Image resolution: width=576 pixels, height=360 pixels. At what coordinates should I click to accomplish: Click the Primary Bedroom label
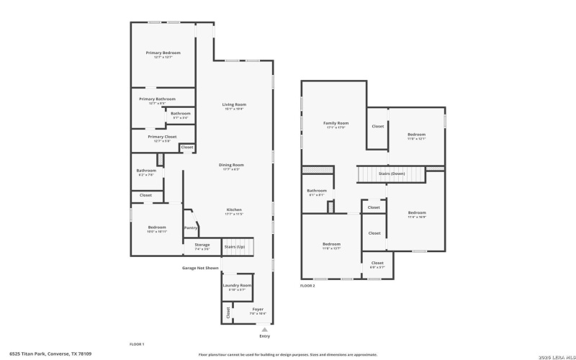163,53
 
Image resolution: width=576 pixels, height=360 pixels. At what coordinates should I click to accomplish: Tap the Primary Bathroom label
157,99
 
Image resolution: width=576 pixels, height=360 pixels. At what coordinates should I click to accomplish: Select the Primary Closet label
162,137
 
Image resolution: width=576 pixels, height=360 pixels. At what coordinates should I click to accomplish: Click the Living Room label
234,105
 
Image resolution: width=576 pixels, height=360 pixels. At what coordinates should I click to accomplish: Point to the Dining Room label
231,166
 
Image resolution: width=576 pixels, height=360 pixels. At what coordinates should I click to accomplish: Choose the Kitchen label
234,210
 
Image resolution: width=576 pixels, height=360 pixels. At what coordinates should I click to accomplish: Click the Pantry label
191,228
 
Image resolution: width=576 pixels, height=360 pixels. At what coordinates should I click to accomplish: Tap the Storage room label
202,246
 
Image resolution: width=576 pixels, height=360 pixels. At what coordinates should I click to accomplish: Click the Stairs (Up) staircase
235,246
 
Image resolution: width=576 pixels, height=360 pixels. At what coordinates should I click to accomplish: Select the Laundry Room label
237,286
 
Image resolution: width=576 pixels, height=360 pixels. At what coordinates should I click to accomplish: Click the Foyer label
257,310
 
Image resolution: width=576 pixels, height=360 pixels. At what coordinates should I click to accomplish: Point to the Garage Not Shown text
200,268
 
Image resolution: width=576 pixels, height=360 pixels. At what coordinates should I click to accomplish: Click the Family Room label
336,124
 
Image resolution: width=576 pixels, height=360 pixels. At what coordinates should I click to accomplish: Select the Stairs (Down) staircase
392,174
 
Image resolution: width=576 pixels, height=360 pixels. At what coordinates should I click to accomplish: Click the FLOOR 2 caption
307,286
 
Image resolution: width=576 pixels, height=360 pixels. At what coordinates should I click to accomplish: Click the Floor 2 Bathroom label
317,192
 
